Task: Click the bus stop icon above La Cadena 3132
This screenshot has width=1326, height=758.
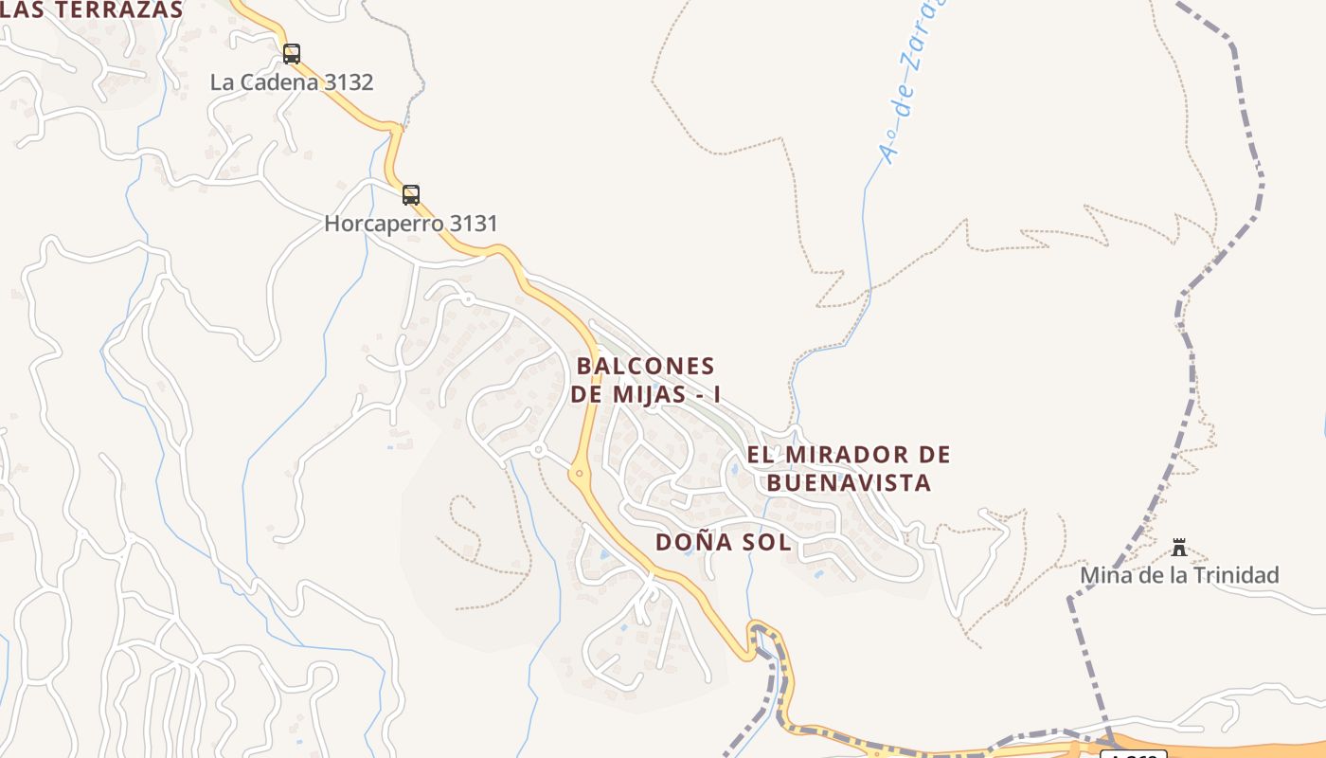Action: (292, 54)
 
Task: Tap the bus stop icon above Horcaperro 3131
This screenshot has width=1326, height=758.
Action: (410, 195)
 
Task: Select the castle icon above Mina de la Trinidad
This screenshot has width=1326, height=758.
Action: (1179, 548)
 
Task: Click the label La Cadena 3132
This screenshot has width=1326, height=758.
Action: (292, 82)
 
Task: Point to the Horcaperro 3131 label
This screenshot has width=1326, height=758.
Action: (410, 225)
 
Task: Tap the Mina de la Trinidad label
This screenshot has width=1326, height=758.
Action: (1179, 575)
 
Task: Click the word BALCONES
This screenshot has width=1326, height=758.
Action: (645, 366)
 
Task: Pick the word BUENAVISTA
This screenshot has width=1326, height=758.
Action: (849, 483)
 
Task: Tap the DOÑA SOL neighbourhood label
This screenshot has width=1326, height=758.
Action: (723, 543)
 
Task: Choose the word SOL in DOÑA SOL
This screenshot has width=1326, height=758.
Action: (768, 543)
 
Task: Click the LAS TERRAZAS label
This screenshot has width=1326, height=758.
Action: (92, 10)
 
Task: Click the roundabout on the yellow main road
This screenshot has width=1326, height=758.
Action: (579, 472)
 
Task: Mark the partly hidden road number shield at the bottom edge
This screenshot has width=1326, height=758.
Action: (1133, 753)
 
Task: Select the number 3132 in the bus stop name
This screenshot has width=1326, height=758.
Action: (348, 82)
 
